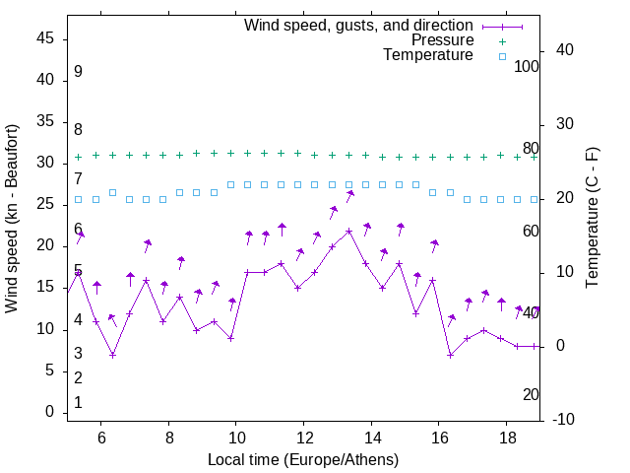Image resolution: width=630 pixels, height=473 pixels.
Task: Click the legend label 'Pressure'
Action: click(444, 40)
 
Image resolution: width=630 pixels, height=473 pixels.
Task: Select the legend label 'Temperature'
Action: click(428, 55)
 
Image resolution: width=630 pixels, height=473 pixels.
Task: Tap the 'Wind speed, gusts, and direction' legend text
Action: click(359, 25)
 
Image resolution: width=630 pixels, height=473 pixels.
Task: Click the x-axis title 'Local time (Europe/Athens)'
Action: click(303, 459)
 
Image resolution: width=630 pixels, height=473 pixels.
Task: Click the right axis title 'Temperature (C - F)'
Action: click(592, 219)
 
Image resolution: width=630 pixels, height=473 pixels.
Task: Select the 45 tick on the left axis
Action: click(45, 38)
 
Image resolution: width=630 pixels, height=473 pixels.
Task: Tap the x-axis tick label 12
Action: click(304, 438)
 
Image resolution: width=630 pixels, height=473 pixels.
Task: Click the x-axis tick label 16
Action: click(439, 438)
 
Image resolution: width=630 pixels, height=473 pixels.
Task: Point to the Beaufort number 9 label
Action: click(78, 72)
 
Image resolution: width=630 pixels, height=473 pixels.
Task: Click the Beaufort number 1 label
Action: click(78, 403)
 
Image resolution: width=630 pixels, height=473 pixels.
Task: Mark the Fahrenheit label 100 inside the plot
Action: click(528, 66)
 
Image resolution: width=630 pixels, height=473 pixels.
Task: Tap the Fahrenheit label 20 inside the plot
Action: click(531, 394)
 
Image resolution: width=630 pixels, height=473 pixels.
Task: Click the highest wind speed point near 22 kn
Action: click(348, 232)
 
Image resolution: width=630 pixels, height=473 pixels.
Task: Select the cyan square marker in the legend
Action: click(501, 56)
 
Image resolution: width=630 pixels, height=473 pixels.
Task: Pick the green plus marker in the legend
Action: click(501, 41)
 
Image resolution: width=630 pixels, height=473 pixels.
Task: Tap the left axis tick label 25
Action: click(45, 204)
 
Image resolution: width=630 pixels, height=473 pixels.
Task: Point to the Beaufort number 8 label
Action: click(78, 129)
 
